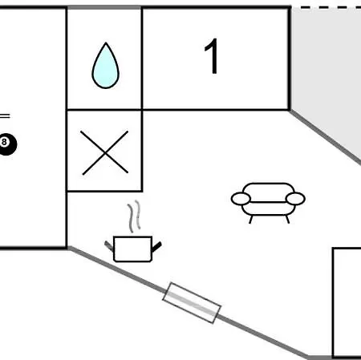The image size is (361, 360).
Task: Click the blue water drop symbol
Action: (106, 67)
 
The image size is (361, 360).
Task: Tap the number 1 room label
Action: (212, 56)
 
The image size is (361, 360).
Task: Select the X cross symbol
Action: (104, 153)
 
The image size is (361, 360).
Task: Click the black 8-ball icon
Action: (7, 144)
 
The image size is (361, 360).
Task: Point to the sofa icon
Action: (268, 203)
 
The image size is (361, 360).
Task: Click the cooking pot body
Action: (133, 249)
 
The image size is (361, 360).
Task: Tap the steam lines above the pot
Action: (134, 216)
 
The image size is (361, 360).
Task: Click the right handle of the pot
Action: (156, 247)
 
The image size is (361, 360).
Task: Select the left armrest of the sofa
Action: (241, 199)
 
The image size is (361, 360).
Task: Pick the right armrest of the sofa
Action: (295, 199)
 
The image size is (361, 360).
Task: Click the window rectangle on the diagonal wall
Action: (192, 303)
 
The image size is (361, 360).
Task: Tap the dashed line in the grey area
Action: (331, 7)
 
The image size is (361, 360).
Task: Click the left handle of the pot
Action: (109, 246)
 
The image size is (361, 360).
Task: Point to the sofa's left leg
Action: (251, 220)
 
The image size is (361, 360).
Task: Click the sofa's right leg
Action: (287, 220)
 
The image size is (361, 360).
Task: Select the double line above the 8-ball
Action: (5, 116)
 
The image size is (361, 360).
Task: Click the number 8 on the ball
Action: (4, 142)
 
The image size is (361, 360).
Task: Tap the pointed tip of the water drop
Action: (106, 42)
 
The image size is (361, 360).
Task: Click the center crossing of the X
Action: (105, 153)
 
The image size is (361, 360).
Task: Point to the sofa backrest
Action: (268, 192)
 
